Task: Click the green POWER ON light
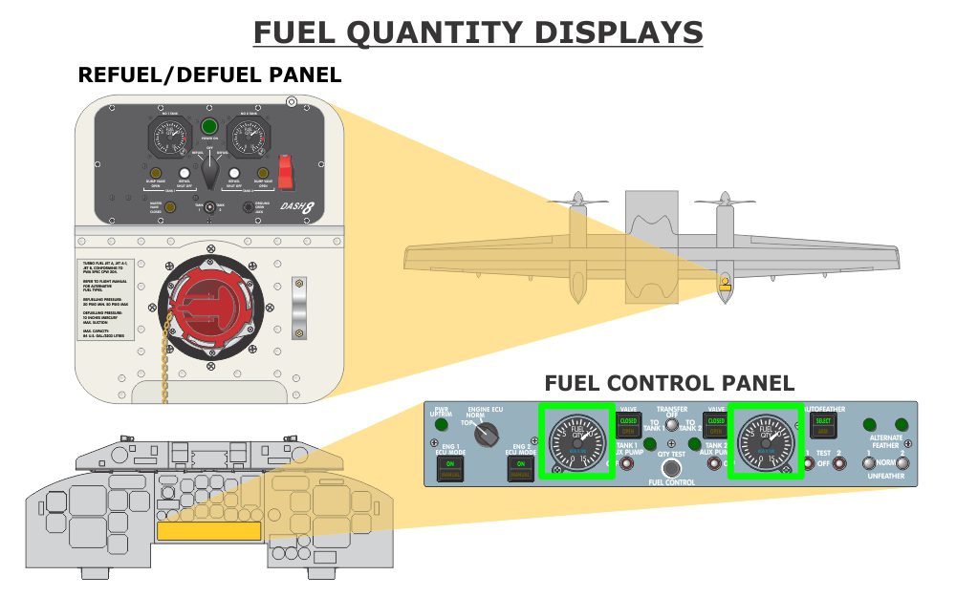point(208,126)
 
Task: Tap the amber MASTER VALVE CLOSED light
point(169,206)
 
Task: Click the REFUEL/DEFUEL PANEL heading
point(209,75)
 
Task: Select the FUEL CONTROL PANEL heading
point(669,383)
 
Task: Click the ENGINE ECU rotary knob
point(488,435)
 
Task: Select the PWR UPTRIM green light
point(441,426)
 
